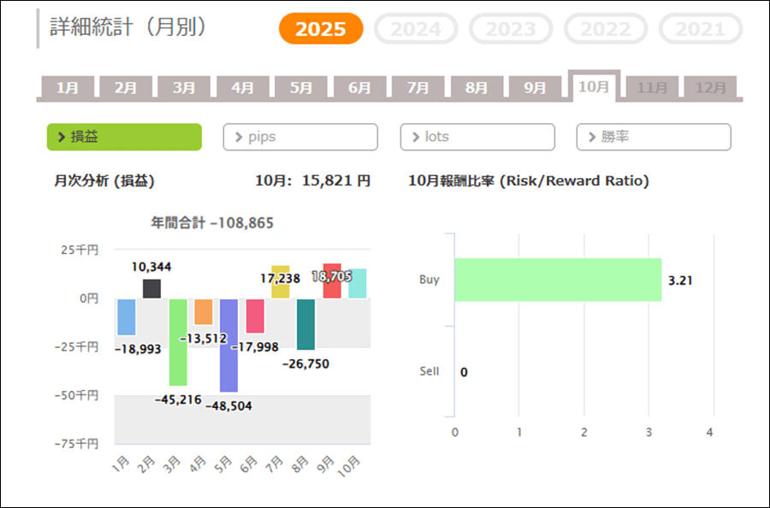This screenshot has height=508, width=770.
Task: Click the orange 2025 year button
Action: click(321, 29)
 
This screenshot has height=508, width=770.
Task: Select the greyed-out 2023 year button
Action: click(511, 29)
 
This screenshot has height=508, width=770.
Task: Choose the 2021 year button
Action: click(700, 29)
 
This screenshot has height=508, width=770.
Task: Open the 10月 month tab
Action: click(594, 87)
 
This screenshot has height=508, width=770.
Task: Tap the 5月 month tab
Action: click(301, 87)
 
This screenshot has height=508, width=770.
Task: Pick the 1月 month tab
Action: click(68, 87)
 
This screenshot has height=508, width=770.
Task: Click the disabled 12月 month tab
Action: click(711, 87)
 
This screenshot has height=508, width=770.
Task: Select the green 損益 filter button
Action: click(124, 137)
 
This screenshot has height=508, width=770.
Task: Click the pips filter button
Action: click(300, 137)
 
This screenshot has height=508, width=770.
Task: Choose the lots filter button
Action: click(477, 137)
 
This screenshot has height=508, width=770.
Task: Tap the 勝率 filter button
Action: click(654, 137)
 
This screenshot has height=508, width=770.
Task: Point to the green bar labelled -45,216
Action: click(178, 342)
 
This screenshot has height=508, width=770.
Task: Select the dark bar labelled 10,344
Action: click(151, 289)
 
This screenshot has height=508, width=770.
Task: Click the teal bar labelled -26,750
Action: click(305, 324)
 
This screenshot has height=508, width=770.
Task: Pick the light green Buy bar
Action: click(558, 280)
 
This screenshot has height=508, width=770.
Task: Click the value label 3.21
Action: click(680, 280)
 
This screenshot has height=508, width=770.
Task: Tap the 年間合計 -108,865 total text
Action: click(212, 222)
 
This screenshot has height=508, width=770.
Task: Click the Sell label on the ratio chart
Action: click(429, 371)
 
